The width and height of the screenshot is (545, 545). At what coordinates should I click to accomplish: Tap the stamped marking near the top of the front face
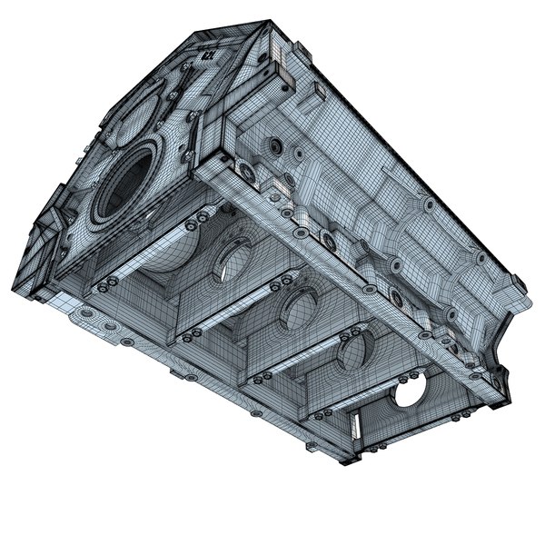(208, 54)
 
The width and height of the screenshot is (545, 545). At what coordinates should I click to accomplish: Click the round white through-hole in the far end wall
(411, 391)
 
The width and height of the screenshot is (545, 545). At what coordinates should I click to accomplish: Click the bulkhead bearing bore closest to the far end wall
(353, 349)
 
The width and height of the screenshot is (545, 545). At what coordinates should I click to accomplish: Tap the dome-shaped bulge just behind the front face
(173, 255)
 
